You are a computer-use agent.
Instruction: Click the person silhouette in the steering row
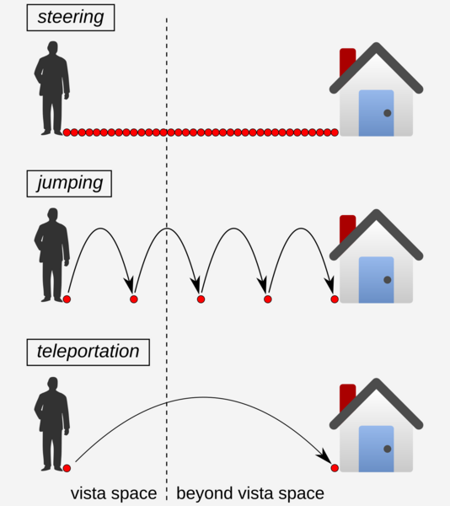(x=52, y=88)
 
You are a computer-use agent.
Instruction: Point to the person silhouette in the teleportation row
(x=52, y=423)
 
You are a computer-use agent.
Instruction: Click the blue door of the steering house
(x=376, y=113)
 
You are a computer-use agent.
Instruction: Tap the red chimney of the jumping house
(x=347, y=229)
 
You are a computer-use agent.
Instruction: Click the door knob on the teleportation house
(x=388, y=449)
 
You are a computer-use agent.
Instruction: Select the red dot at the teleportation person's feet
(x=67, y=468)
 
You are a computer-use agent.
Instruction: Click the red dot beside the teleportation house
(x=335, y=468)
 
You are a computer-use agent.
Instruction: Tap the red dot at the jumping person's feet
(x=67, y=299)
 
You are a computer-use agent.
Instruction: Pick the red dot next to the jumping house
(x=335, y=299)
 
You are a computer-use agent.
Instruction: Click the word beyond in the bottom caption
(x=205, y=493)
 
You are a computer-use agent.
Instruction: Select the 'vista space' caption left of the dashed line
(x=114, y=493)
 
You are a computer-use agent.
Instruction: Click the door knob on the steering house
(x=388, y=113)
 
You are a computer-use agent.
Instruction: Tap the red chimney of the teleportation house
(x=347, y=397)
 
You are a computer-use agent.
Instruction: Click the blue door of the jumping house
(x=376, y=280)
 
